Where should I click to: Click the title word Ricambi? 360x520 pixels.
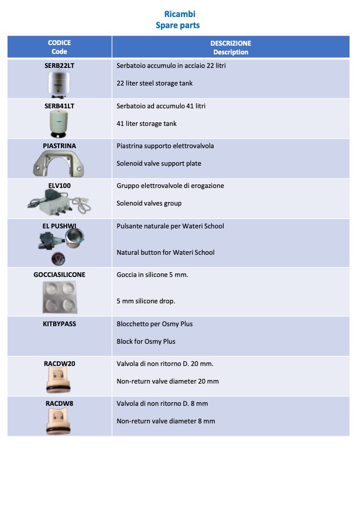point(180,14)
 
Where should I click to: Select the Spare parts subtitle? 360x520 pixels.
point(178,25)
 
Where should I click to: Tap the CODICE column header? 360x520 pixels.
point(59,43)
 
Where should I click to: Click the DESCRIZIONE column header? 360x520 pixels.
point(231,43)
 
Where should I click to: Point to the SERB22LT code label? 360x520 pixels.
point(59,66)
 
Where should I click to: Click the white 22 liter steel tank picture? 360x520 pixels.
point(59,84)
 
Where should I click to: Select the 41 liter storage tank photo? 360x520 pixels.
point(59,124)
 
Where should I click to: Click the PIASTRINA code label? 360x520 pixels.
point(59,146)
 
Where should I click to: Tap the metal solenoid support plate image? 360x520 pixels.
point(59,163)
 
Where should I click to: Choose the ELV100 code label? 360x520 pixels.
point(59,186)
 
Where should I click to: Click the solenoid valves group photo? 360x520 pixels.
point(59,203)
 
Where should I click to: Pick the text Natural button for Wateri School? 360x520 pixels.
point(166,252)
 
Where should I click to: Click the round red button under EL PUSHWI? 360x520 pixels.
point(58,259)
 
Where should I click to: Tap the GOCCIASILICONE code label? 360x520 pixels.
point(59,275)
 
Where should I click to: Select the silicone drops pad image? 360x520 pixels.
point(60,297)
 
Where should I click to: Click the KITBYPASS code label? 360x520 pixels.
point(59,324)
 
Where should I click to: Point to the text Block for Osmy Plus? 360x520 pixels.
point(146,341)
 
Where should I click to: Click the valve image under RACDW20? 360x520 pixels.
point(59,381)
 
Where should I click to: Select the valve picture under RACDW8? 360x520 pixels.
point(59,421)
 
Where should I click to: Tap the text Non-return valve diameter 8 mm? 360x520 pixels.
point(166,421)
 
